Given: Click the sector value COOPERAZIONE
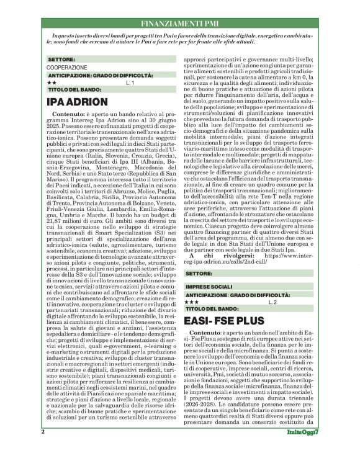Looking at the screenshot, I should pyautogui.click(x=67, y=67).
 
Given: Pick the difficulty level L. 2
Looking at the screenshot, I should pyautogui.click(x=271, y=302).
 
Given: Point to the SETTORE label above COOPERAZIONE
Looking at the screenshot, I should pyautogui.click(x=61, y=60).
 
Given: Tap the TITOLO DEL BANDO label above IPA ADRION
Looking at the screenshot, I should pyautogui.click(x=74, y=89).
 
